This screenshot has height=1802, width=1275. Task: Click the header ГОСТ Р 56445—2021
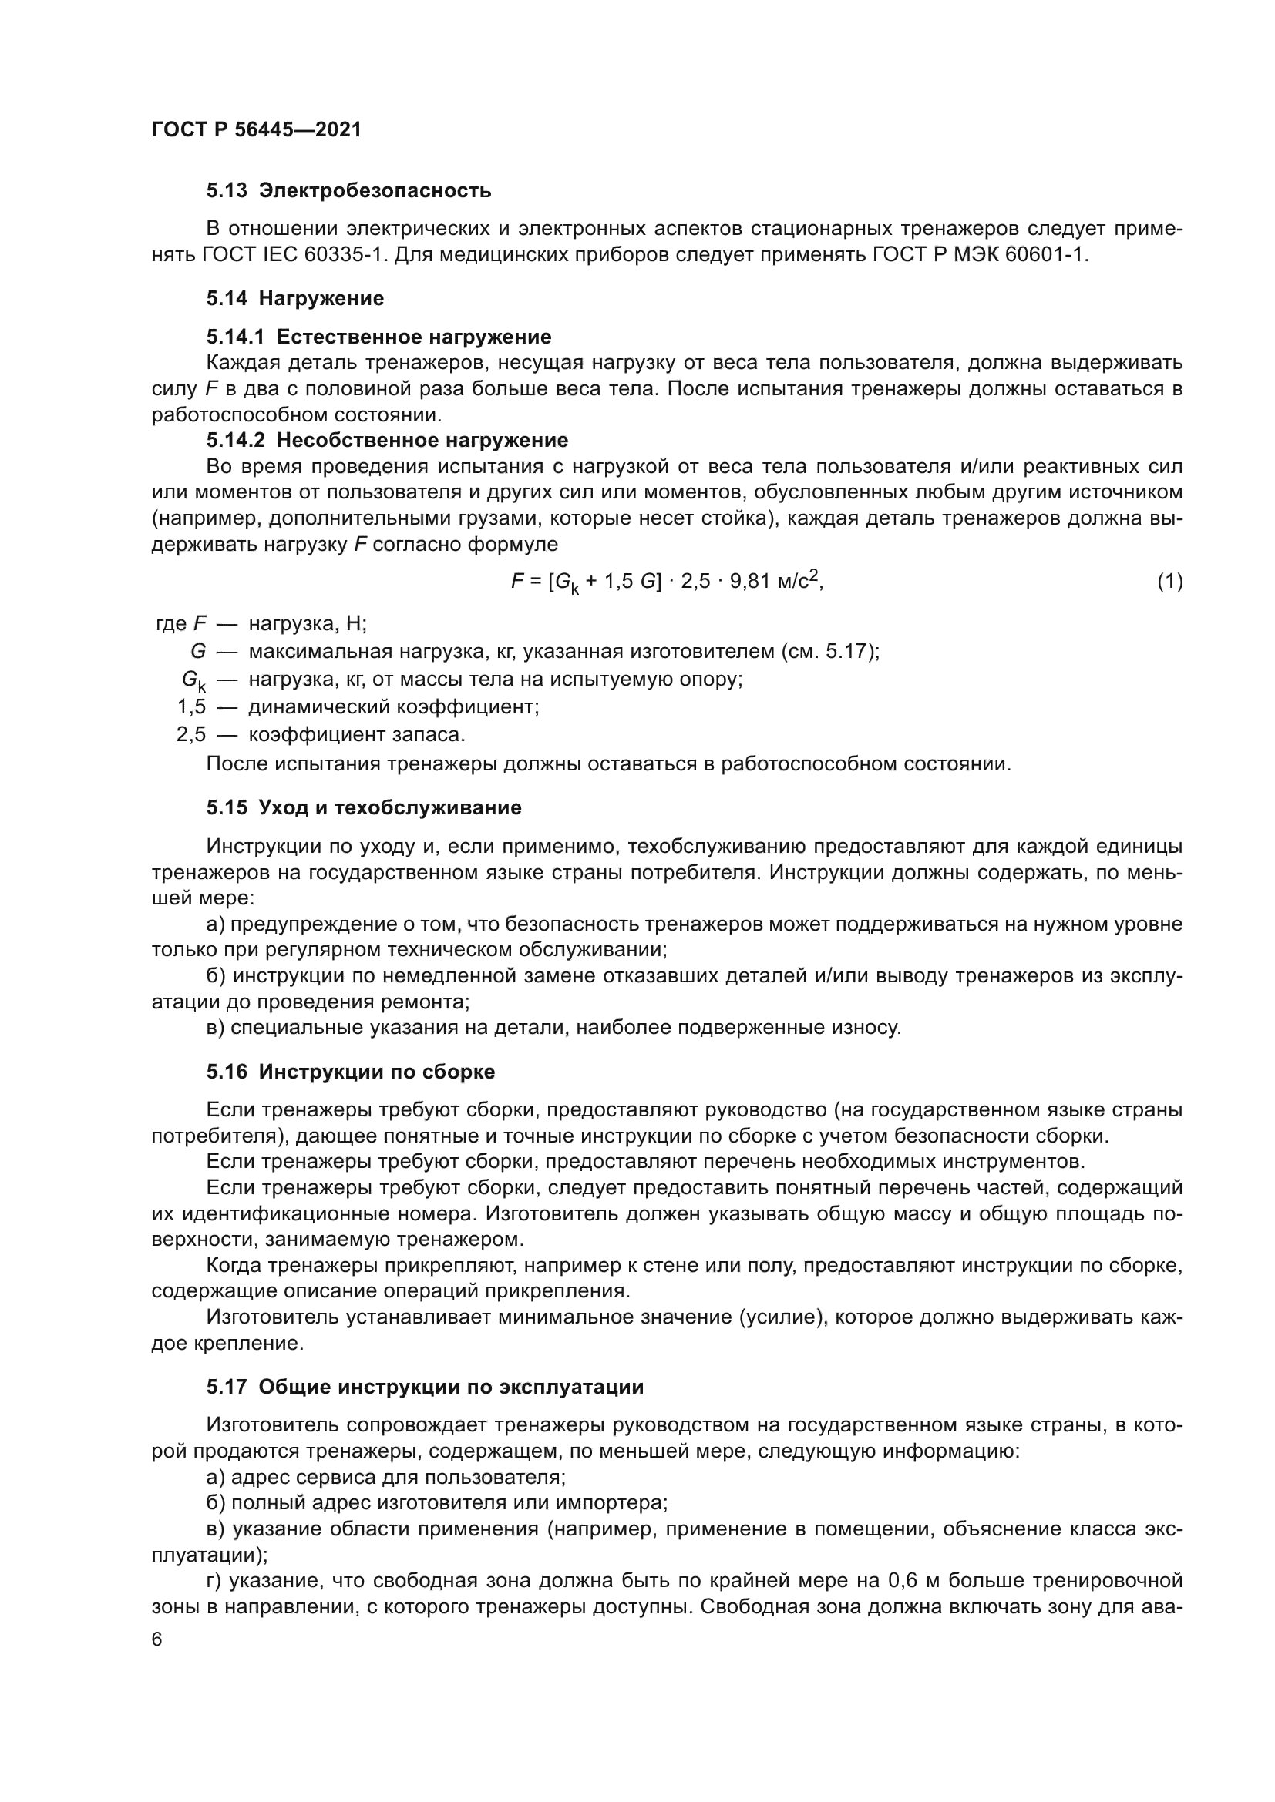[257, 129]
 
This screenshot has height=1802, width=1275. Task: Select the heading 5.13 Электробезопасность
[348, 190]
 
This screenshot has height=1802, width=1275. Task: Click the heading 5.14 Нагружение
[295, 298]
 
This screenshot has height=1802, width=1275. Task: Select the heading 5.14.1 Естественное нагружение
[378, 337]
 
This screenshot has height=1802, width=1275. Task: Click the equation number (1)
[1170, 582]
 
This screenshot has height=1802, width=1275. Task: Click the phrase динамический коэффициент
[393, 707]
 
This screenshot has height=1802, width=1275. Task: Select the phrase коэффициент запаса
[356, 735]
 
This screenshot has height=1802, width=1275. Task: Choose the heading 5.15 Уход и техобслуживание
[364, 807]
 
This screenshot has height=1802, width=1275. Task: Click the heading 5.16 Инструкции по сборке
[350, 1072]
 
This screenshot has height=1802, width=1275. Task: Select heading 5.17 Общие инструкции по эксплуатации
[425, 1387]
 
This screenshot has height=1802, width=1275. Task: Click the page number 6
[157, 1639]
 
